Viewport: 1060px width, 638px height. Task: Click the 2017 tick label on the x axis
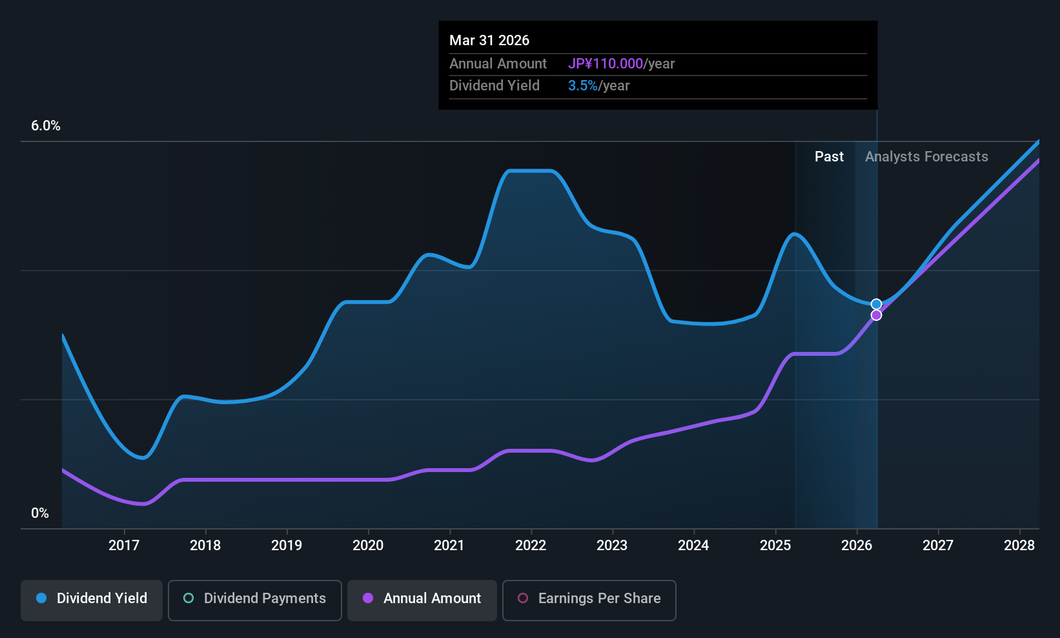124,545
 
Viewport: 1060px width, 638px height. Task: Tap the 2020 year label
368,545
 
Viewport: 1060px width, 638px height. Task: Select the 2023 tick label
612,545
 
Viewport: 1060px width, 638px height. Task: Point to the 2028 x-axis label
1019,545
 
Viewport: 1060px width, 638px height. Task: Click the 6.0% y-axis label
46,126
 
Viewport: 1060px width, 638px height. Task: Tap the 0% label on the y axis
40,513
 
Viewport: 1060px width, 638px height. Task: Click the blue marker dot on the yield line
877,304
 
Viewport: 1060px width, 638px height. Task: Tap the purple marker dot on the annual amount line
877,315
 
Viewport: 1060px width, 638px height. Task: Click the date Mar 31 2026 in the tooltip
489,41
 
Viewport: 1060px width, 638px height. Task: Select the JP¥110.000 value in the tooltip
606,63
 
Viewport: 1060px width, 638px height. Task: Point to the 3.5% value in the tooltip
582,86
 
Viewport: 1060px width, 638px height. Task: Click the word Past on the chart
829,157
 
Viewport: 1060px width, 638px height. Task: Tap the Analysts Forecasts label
926,157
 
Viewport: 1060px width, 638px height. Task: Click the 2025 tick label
775,545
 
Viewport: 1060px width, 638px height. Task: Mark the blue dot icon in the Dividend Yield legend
42,598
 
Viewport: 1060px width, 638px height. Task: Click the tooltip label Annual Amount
498,63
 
